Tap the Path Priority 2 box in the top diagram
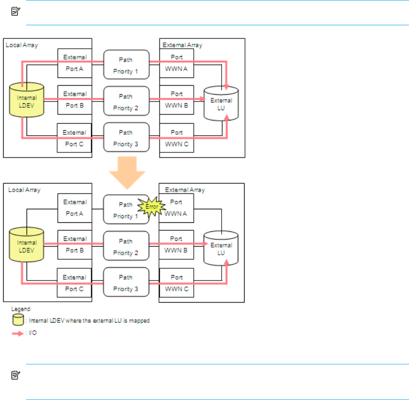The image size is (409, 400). coord(126,101)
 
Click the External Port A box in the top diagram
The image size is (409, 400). coord(75,63)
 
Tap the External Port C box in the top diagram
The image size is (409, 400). coord(75,138)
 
